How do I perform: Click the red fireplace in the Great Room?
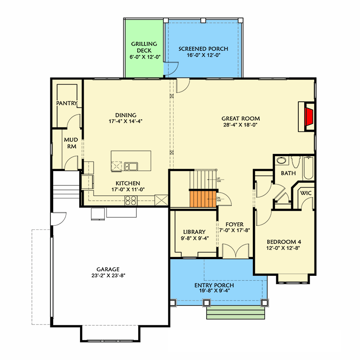309,117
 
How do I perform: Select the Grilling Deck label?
144,44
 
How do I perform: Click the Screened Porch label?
203,49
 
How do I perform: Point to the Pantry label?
67,103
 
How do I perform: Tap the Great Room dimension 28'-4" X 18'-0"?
241,125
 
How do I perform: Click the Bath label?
288,173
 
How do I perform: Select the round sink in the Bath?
282,160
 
